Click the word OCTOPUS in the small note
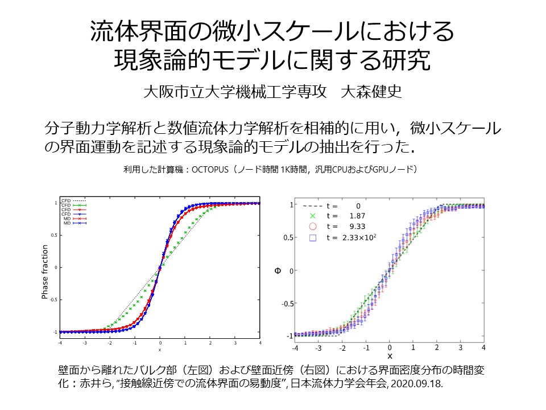[209, 169]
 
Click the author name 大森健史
[371, 92]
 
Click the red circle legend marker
[312, 227]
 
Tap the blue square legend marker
[312, 239]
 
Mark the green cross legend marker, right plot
[312, 216]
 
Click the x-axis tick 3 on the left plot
[234, 343]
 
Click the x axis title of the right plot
[390, 356]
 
